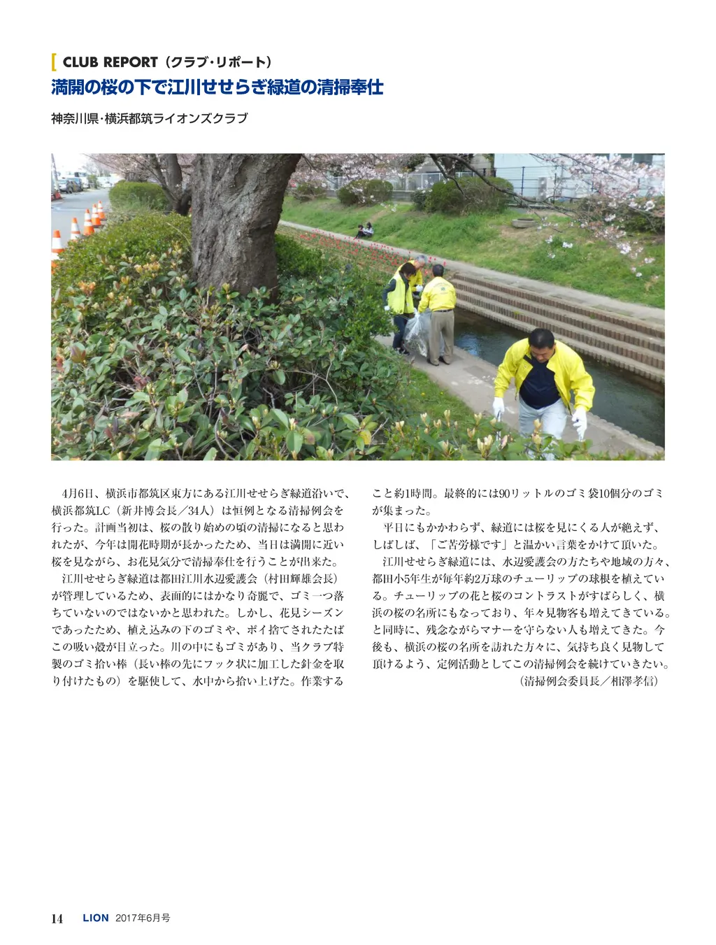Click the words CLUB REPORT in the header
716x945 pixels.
[x=110, y=62]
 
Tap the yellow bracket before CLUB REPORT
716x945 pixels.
[x=54, y=62]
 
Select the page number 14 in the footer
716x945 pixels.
[x=57, y=918]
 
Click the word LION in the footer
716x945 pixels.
[x=96, y=918]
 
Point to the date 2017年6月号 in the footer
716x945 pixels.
[x=143, y=918]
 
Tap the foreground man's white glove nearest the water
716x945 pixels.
[x=579, y=422]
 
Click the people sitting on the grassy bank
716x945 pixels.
[x=364, y=230]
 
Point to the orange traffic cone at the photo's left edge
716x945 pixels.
[x=57, y=241]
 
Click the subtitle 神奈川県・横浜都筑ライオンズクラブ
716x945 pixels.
[x=149, y=119]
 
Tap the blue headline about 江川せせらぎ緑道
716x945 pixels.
[x=217, y=88]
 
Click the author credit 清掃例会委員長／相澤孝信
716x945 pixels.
[x=589, y=681]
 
